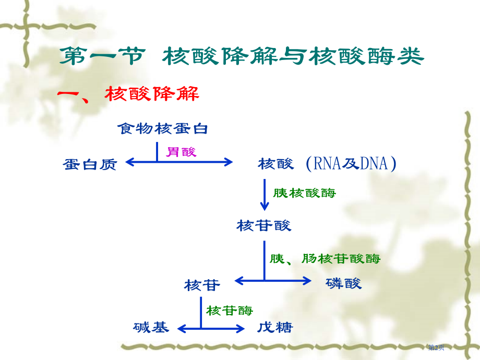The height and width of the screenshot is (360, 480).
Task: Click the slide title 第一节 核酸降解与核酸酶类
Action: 241,57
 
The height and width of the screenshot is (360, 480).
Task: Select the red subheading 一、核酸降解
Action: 128,94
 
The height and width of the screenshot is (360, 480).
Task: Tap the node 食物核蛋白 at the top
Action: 162,128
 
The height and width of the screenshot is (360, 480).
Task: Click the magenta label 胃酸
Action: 181,152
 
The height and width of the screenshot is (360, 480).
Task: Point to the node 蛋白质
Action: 90,164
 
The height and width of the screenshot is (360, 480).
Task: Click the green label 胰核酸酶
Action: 305,193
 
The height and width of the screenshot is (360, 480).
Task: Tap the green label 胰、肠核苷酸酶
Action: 325,258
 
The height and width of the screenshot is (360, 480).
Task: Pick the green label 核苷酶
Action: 230,311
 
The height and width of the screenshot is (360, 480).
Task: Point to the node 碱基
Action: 151,328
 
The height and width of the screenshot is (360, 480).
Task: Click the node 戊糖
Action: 275,328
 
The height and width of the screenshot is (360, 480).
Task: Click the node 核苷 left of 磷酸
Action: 202,285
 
